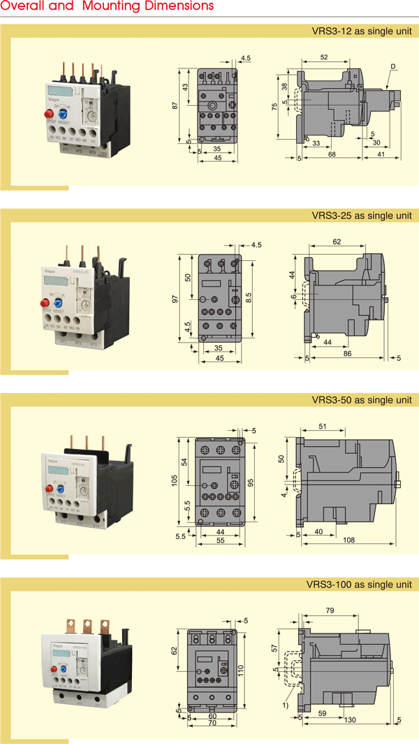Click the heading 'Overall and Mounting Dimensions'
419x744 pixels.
click(x=107, y=6)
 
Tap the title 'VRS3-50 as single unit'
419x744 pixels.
click(x=362, y=400)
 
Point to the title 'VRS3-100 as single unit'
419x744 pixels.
click(x=360, y=585)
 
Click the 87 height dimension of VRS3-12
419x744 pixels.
click(x=175, y=106)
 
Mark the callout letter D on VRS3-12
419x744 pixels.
click(x=393, y=66)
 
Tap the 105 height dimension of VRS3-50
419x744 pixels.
click(x=175, y=480)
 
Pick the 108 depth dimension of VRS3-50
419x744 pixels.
click(x=350, y=541)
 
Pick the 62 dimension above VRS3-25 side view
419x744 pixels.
click(x=337, y=241)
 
